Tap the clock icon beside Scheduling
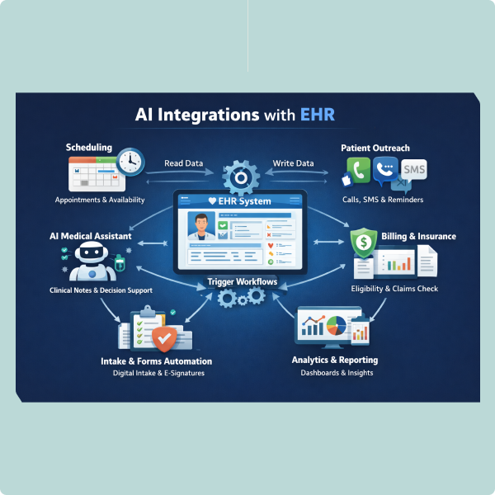tap(130, 162)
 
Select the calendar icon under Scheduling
tap(91, 172)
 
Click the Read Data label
tap(184, 163)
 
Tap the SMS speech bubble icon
tap(416, 170)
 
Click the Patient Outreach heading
tap(375, 148)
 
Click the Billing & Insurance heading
tap(418, 237)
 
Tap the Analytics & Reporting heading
tap(334, 360)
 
